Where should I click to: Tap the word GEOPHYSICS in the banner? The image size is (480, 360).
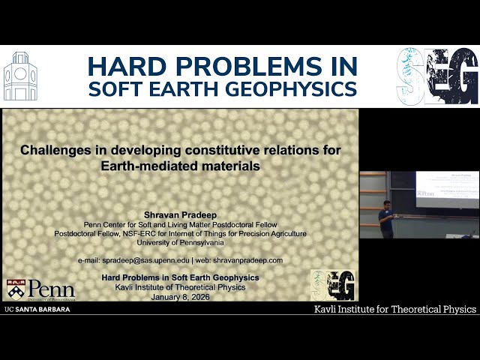tap(300, 88)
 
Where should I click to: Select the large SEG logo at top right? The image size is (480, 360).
tap(437, 76)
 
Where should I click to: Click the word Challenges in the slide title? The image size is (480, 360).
tap(58, 150)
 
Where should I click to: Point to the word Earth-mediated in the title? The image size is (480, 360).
tap(144, 166)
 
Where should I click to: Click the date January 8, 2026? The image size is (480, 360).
tap(180, 296)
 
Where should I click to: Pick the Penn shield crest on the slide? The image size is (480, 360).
tap(15, 289)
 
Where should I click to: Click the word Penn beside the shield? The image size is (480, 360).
tap(50, 289)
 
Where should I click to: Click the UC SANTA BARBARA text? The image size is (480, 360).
tap(37, 309)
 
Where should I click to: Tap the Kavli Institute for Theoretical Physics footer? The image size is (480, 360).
tap(394, 309)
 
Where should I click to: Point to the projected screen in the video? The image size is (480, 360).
tap(447, 188)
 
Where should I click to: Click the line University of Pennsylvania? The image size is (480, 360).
tap(180, 242)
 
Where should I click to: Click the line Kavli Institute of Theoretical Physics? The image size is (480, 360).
tap(180, 287)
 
